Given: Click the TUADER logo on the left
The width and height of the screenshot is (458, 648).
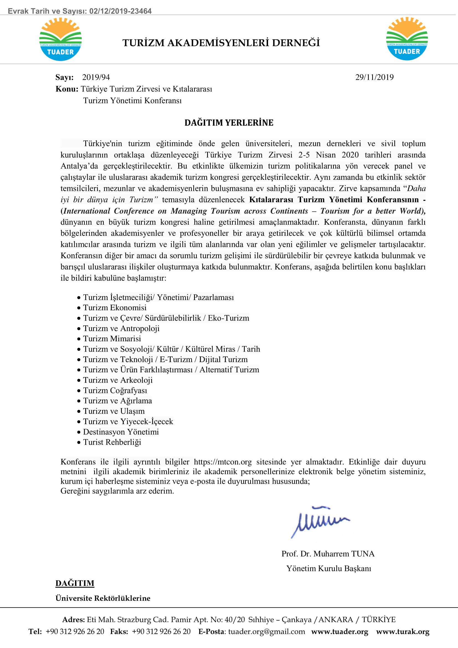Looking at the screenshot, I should (x=60, y=39).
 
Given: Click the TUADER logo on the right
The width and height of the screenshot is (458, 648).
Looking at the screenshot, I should (x=407, y=39).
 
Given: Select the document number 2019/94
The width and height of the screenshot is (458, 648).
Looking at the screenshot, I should (x=96, y=77).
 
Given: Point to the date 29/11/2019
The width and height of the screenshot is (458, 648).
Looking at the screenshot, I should (x=374, y=77).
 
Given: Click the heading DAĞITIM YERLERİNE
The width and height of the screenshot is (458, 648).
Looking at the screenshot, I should (x=229, y=122).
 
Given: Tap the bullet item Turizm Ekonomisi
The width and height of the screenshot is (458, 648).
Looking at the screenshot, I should (x=115, y=307).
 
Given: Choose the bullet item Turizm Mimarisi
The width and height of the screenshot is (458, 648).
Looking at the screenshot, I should (x=112, y=338).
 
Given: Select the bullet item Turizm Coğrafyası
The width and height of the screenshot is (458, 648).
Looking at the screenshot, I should (x=115, y=390).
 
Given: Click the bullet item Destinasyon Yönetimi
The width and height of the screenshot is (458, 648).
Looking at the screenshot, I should (x=121, y=432).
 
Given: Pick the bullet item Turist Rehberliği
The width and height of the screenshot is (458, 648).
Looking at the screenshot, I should (x=112, y=442).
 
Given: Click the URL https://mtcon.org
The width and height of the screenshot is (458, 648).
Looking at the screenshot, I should (x=223, y=462).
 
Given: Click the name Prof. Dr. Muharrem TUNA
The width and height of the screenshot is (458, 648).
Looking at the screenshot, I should (x=328, y=554).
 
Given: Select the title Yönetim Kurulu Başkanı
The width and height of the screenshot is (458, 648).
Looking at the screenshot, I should (x=329, y=568).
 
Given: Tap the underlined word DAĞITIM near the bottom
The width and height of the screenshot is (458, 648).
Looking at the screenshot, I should (x=75, y=583).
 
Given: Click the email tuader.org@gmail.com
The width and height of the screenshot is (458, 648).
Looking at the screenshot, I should (x=266, y=631).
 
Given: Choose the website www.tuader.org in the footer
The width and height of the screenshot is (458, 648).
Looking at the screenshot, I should (x=339, y=631).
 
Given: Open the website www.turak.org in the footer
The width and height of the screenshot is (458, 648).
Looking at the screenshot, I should (x=402, y=631).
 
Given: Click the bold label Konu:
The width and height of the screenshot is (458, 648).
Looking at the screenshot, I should (x=67, y=89).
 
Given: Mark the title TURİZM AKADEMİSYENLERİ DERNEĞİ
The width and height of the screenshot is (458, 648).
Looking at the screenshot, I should (x=221, y=43).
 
